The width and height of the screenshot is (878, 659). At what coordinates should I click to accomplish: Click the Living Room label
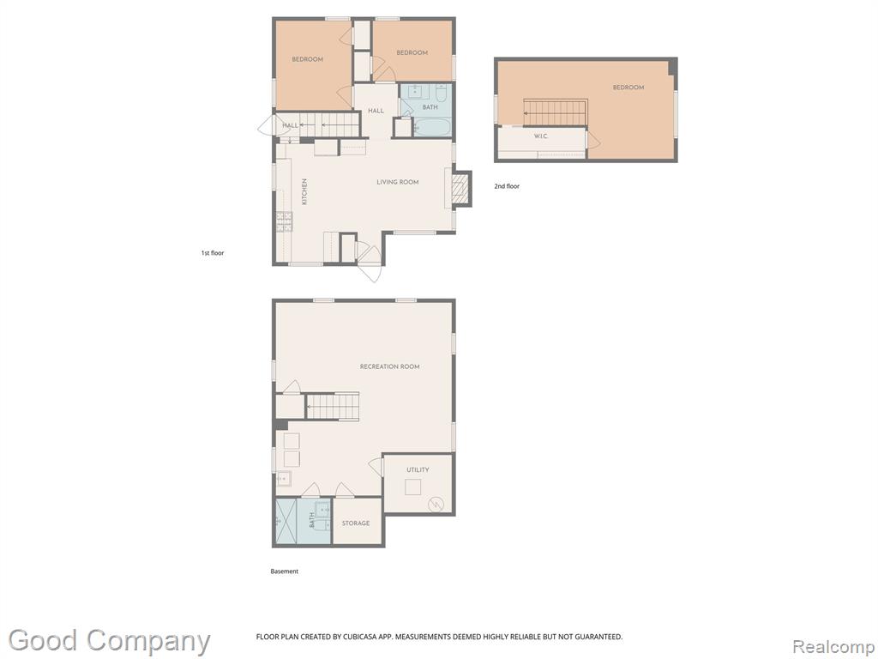click(x=398, y=182)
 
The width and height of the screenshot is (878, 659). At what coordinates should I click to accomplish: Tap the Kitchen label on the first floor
click(x=304, y=191)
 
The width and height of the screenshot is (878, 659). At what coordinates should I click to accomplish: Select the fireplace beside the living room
click(x=460, y=188)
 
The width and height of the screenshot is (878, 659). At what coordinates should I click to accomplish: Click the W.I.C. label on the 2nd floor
click(x=541, y=136)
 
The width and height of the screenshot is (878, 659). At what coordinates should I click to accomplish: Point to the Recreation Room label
click(x=390, y=366)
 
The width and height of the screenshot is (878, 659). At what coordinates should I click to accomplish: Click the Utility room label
click(x=418, y=469)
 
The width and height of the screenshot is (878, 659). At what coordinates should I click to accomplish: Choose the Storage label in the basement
click(x=356, y=523)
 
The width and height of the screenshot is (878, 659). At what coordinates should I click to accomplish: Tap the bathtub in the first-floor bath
click(x=432, y=127)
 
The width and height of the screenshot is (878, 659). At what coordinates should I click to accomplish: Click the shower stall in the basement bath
click(x=286, y=521)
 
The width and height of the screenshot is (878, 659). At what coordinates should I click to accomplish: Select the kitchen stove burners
click(x=285, y=221)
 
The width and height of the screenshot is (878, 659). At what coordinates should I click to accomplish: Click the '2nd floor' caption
click(x=507, y=186)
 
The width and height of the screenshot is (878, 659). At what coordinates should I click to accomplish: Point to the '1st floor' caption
click(x=213, y=253)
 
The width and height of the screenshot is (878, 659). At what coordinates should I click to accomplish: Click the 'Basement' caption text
click(x=285, y=571)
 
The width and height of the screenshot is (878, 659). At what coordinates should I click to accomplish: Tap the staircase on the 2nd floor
click(x=555, y=112)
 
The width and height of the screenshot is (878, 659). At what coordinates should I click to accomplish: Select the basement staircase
click(x=333, y=406)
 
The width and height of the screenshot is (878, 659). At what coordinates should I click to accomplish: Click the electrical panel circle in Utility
click(x=435, y=505)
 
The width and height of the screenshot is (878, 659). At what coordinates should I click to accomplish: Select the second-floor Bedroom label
click(x=628, y=88)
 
